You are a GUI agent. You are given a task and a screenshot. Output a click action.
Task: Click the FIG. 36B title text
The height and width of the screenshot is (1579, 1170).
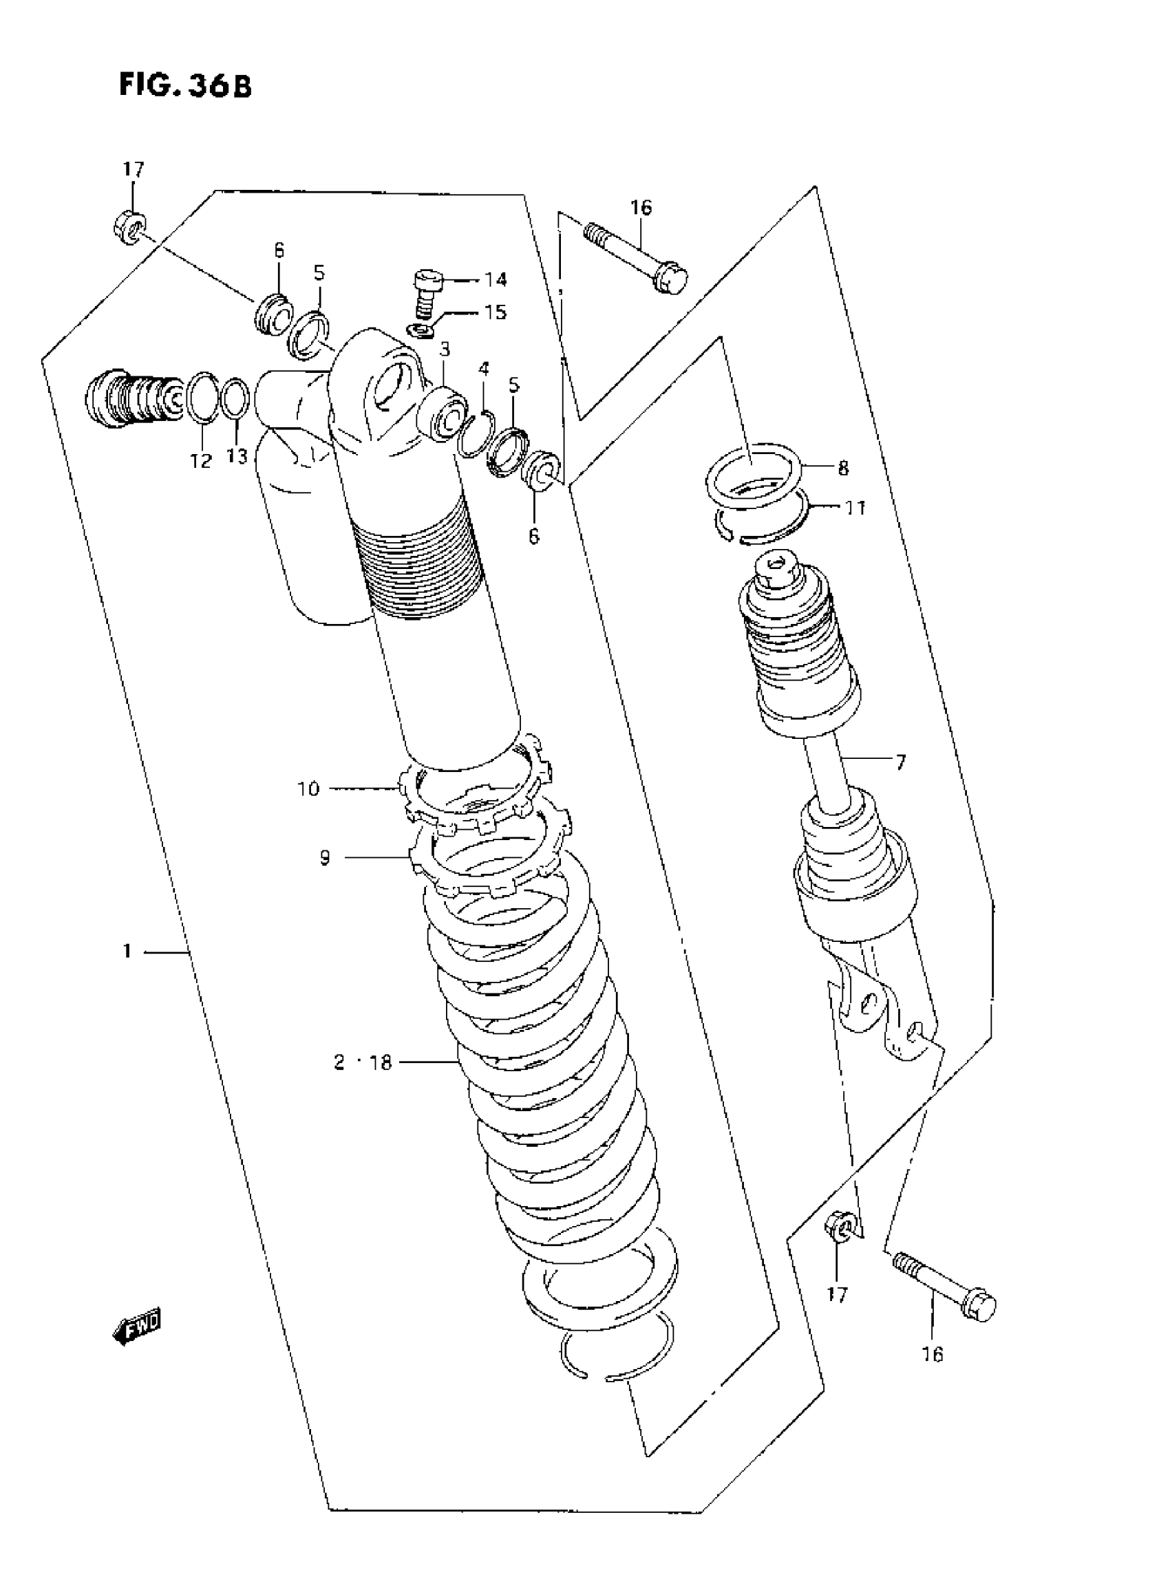pyautogui.click(x=185, y=87)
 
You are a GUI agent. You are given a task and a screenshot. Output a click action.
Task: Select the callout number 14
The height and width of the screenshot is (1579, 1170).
pyautogui.click(x=495, y=280)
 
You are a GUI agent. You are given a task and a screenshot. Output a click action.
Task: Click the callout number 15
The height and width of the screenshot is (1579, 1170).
pyautogui.click(x=496, y=312)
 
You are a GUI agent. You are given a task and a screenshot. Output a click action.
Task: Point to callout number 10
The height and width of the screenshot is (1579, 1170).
pyautogui.click(x=308, y=788)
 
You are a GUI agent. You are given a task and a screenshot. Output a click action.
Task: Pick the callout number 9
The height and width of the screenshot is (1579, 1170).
pyautogui.click(x=325, y=858)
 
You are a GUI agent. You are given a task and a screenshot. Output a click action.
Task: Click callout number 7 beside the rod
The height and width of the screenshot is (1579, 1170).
pyautogui.click(x=900, y=762)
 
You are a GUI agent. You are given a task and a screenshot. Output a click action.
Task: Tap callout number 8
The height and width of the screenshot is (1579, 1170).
pyautogui.click(x=843, y=468)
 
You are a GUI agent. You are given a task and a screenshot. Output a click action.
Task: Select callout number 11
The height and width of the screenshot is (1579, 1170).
pyautogui.click(x=856, y=508)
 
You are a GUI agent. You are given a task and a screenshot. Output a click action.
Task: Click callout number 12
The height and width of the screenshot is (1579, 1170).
pyautogui.click(x=201, y=461)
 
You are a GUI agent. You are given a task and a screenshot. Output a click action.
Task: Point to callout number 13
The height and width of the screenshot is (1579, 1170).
pyautogui.click(x=237, y=458)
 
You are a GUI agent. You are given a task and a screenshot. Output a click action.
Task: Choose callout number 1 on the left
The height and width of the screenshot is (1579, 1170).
pyautogui.click(x=127, y=952)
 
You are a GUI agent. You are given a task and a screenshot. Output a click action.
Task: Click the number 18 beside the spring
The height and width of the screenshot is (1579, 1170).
pyautogui.click(x=381, y=1083)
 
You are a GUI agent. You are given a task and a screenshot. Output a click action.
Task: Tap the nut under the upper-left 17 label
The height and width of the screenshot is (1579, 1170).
pyautogui.click(x=129, y=227)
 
